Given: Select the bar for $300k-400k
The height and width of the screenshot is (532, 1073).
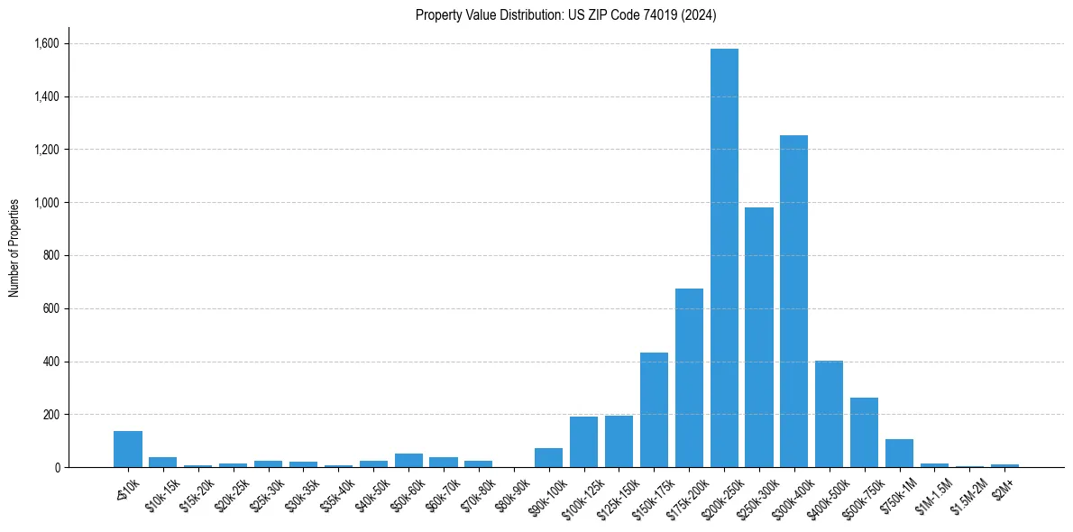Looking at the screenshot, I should coord(793,301).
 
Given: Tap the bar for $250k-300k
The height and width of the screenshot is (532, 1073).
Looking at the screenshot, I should coord(759,337).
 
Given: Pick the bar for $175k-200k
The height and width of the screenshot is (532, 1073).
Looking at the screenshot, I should coord(689,378).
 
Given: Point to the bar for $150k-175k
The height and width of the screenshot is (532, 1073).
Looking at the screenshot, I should coord(654,410).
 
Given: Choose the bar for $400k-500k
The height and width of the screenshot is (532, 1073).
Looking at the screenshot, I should coord(829,414).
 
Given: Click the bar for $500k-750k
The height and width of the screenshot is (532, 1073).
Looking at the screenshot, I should coord(864,433).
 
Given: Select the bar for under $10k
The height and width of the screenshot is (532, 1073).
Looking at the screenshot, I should coord(128,449).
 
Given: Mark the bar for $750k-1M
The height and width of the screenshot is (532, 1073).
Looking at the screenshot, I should coord(899,454).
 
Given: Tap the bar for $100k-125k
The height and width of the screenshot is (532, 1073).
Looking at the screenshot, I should coord(583,442).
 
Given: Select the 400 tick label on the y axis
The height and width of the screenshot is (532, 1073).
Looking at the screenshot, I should coord(51,362).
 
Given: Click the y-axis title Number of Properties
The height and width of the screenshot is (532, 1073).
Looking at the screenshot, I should coord(14,248).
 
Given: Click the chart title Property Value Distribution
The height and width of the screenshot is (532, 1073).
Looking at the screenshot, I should coord(565,14).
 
